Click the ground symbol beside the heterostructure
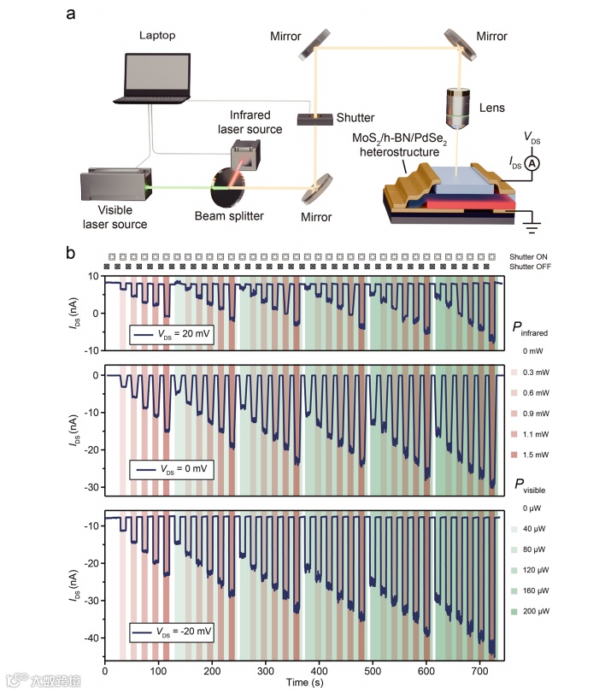pyautogui.click(x=534, y=226)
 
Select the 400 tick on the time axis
pyautogui.click(x=319, y=671)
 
